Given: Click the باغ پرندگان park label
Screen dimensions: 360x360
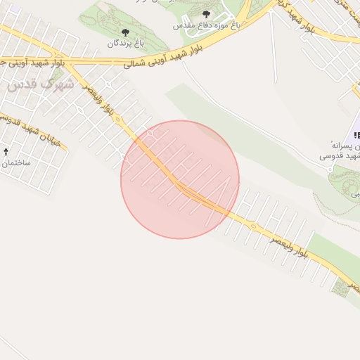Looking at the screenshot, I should tap(125, 44).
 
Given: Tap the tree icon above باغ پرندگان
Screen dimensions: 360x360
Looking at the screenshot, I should tap(126, 32).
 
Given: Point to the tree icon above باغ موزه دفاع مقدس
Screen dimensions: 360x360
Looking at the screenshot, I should tap(205, 14).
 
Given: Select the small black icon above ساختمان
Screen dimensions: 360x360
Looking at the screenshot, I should tap(7, 151).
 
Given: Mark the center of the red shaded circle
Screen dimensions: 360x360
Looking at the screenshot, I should tap(180, 179).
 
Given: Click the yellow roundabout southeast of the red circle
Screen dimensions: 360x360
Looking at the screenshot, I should tap(252, 226).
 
